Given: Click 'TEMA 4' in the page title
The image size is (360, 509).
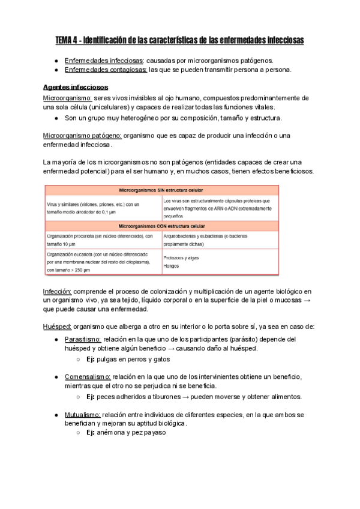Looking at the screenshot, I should tap(67, 40).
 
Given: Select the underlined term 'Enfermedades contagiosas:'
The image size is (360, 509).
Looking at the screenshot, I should tap(106, 70).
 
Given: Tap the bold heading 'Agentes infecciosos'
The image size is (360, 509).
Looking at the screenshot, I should tap(76, 88).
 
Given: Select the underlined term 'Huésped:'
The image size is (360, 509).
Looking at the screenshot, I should tap(57, 327).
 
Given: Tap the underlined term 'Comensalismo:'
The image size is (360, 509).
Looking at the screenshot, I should tap(88, 376).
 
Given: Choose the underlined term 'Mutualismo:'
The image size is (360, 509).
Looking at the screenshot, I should tap(83, 414).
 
